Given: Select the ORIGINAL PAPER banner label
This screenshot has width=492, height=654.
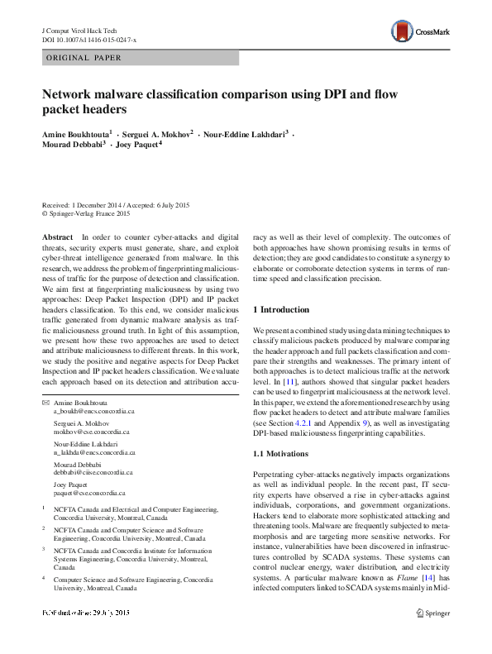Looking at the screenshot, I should tap(84, 58).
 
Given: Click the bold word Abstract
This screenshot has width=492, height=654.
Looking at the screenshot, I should tap(57, 236).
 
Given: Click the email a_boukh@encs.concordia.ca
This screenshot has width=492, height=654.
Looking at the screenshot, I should tap(93, 388).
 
